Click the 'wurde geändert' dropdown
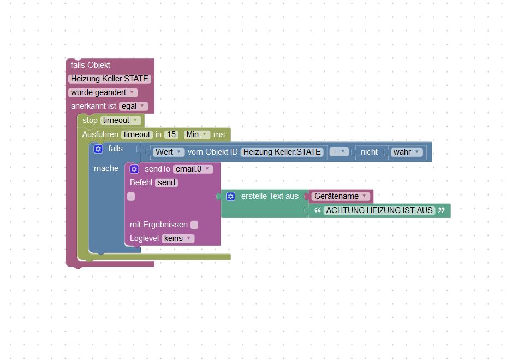[x=103, y=92]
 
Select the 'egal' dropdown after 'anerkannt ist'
[x=133, y=106]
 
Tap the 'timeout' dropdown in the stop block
[x=121, y=120]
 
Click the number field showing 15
[x=171, y=134]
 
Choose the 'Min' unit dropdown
[x=197, y=134]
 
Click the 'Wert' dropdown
[x=169, y=152]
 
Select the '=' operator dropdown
[x=339, y=152]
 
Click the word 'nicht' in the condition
[x=369, y=152]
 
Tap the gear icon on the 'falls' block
[x=98, y=149]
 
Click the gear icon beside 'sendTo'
[x=134, y=169]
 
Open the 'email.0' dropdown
[x=192, y=169]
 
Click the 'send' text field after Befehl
[x=166, y=182]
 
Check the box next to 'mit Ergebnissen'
[x=194, y=225]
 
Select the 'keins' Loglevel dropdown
[x=177, y=238]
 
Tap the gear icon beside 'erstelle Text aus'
[x=230, y=196]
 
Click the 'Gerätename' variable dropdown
[x=340, y=196]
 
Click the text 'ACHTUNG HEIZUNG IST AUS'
[x=379, y=210]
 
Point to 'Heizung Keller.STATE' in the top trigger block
[x=110, y=79]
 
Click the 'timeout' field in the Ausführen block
[x=136, y=134]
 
